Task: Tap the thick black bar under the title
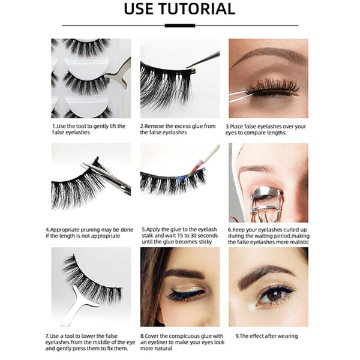click(179, 25)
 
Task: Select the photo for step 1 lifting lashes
click(91, 78)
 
